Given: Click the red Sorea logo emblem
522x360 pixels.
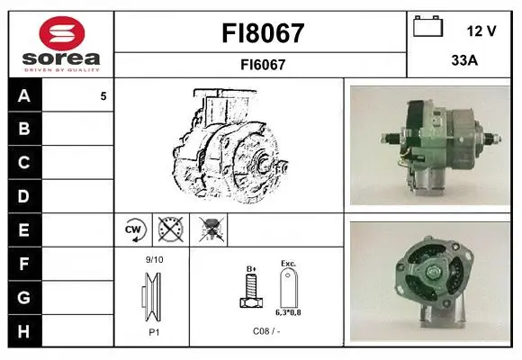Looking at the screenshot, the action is point(62,33).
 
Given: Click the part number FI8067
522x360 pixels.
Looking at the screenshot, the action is point(263,33).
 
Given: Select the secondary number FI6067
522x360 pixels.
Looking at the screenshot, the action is point(263,65).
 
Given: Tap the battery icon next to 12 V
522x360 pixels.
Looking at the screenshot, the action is point(428,26).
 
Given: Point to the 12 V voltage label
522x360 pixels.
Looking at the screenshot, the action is point(481,31).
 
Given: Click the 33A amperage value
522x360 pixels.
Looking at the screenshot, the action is point(464,60).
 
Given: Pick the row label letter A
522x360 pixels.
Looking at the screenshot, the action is point(24,96).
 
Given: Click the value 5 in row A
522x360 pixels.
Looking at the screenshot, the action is point(103,96).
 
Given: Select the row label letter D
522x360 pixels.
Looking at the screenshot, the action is point(24,196).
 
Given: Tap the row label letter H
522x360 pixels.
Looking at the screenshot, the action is point(24,331).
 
